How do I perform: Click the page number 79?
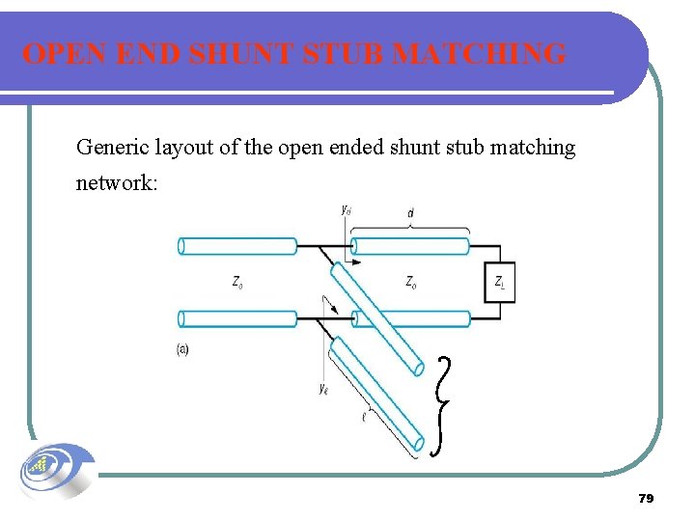tap(646, 498)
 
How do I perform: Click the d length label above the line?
tap(410, 212)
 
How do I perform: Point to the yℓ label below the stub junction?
tap(323, 388)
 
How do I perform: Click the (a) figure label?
tap(182, 349)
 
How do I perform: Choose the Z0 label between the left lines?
tap(237, 283)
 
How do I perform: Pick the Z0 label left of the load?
tap(411, 283)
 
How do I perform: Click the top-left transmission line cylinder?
tap(237, 246)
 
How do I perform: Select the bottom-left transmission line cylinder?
tap(237, 318)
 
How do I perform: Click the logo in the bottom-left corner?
tap(56, 472)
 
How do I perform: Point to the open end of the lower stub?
tap(418, 443)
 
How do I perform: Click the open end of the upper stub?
tap(417, 368)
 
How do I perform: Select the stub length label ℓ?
tap(363, 418)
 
